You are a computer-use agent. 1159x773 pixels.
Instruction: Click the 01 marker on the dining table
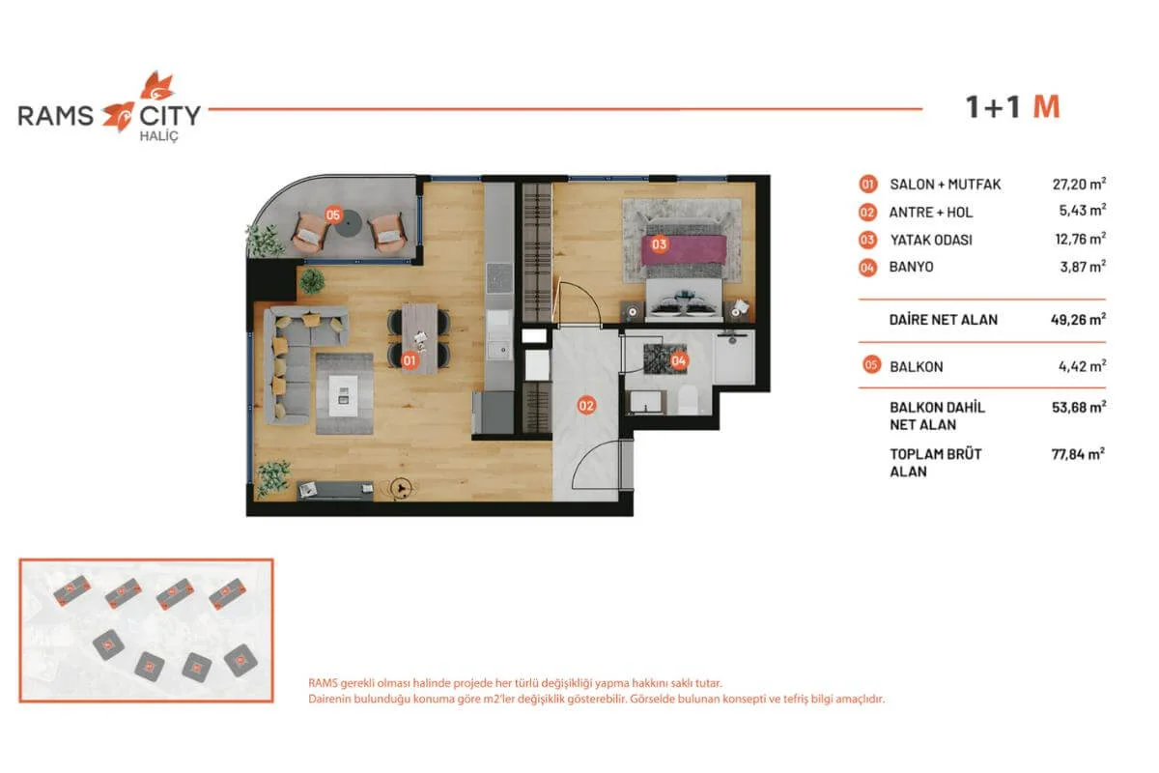410,360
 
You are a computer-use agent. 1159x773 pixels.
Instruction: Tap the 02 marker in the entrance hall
586,406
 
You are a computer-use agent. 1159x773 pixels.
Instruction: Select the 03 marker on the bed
659,243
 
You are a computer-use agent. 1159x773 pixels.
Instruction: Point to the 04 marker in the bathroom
679,360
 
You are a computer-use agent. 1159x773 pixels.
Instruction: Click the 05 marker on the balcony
333,215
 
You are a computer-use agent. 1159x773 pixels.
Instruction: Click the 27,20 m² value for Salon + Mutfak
1079,184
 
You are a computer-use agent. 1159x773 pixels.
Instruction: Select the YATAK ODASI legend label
931,240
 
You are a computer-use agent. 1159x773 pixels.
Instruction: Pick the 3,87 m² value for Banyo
1083,267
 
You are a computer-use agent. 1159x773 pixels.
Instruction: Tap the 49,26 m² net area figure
1078,320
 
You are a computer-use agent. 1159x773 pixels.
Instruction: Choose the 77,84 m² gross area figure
1078,454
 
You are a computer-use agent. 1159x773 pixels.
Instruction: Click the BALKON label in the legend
917,366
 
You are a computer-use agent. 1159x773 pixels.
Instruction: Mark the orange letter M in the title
1047,107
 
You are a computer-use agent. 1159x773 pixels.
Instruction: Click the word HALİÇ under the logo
158,136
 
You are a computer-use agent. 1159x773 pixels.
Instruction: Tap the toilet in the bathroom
688,400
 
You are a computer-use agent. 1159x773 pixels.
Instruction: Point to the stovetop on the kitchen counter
499,278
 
